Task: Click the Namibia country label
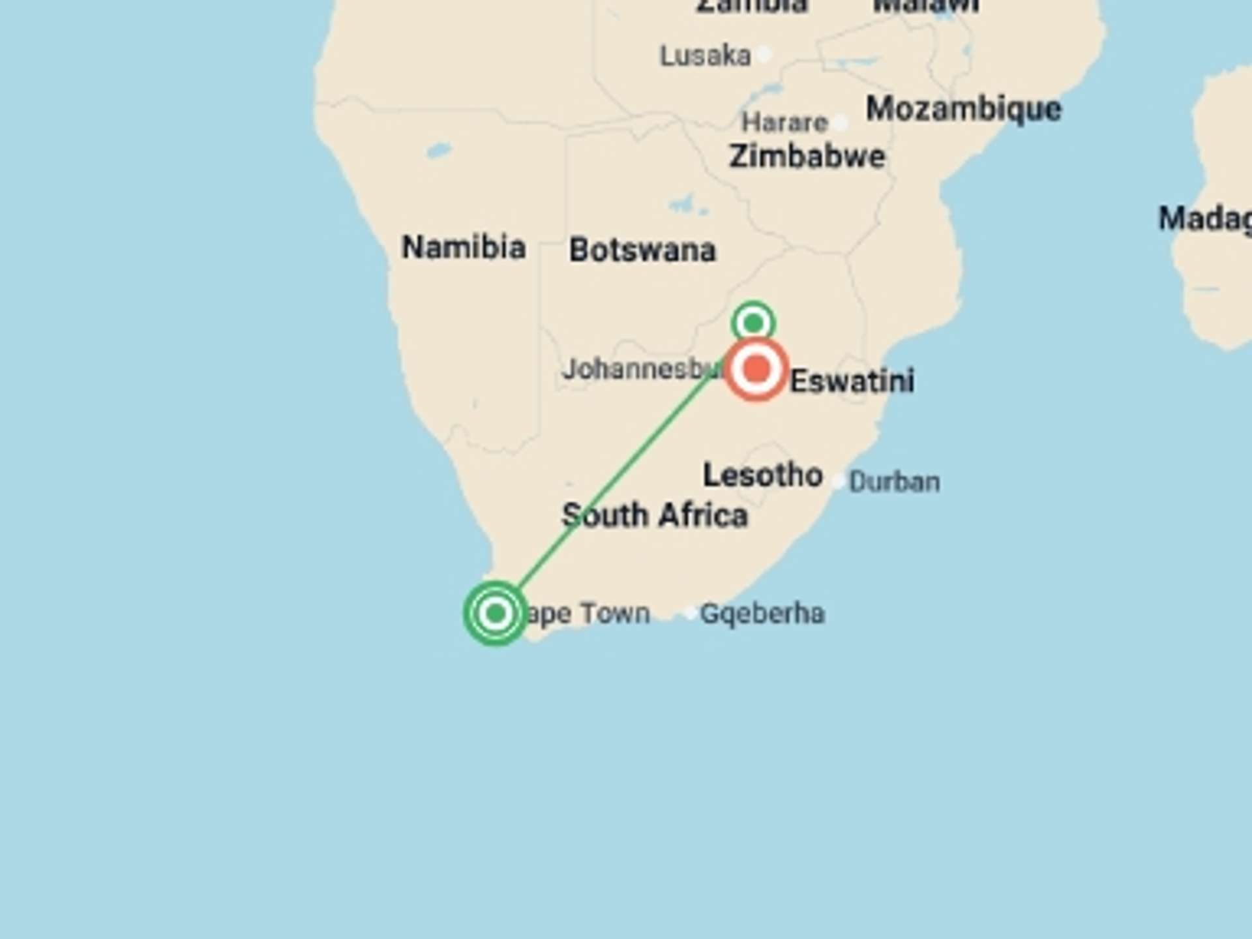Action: pyautogui.click(x=464, y=247)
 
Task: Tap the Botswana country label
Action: pyautogui.click(x=642, y=250)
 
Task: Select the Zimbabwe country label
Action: pyautogui.click(x=807, y=156)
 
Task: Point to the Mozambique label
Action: pyautogui.click(x=963, y=108)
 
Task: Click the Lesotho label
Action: pyautogui.click(x=762, y=475)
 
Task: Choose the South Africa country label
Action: pyautogui.click(x=655, y=515)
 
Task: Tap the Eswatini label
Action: pyautogui.click(x=852, y=381)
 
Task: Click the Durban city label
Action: pyautogui.click(x=894, y=482)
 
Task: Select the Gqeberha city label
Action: pyautogui.click(x=762, y=614)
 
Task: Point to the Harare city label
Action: pyautogui.click(x=784, y=122)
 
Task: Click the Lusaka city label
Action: pyautogui.click(x=705, y=55)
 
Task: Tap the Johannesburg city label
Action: pyautogui.click(x=642, y=369)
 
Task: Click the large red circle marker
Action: pyautogui.click(x=756, y=368)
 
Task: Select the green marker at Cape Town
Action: pyautogui.click(x=496, y=613)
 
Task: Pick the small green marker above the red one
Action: pyautogui.click(x=753, y=322)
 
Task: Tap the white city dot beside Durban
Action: pyautogui.click(x=839, y=482)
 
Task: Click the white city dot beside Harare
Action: pyautogui.click(x=841, y=122)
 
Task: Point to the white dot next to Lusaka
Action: pyautogui.click(x=766, y=54)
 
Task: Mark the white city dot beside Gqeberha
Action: pyautogui.click(x=690, y=613)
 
